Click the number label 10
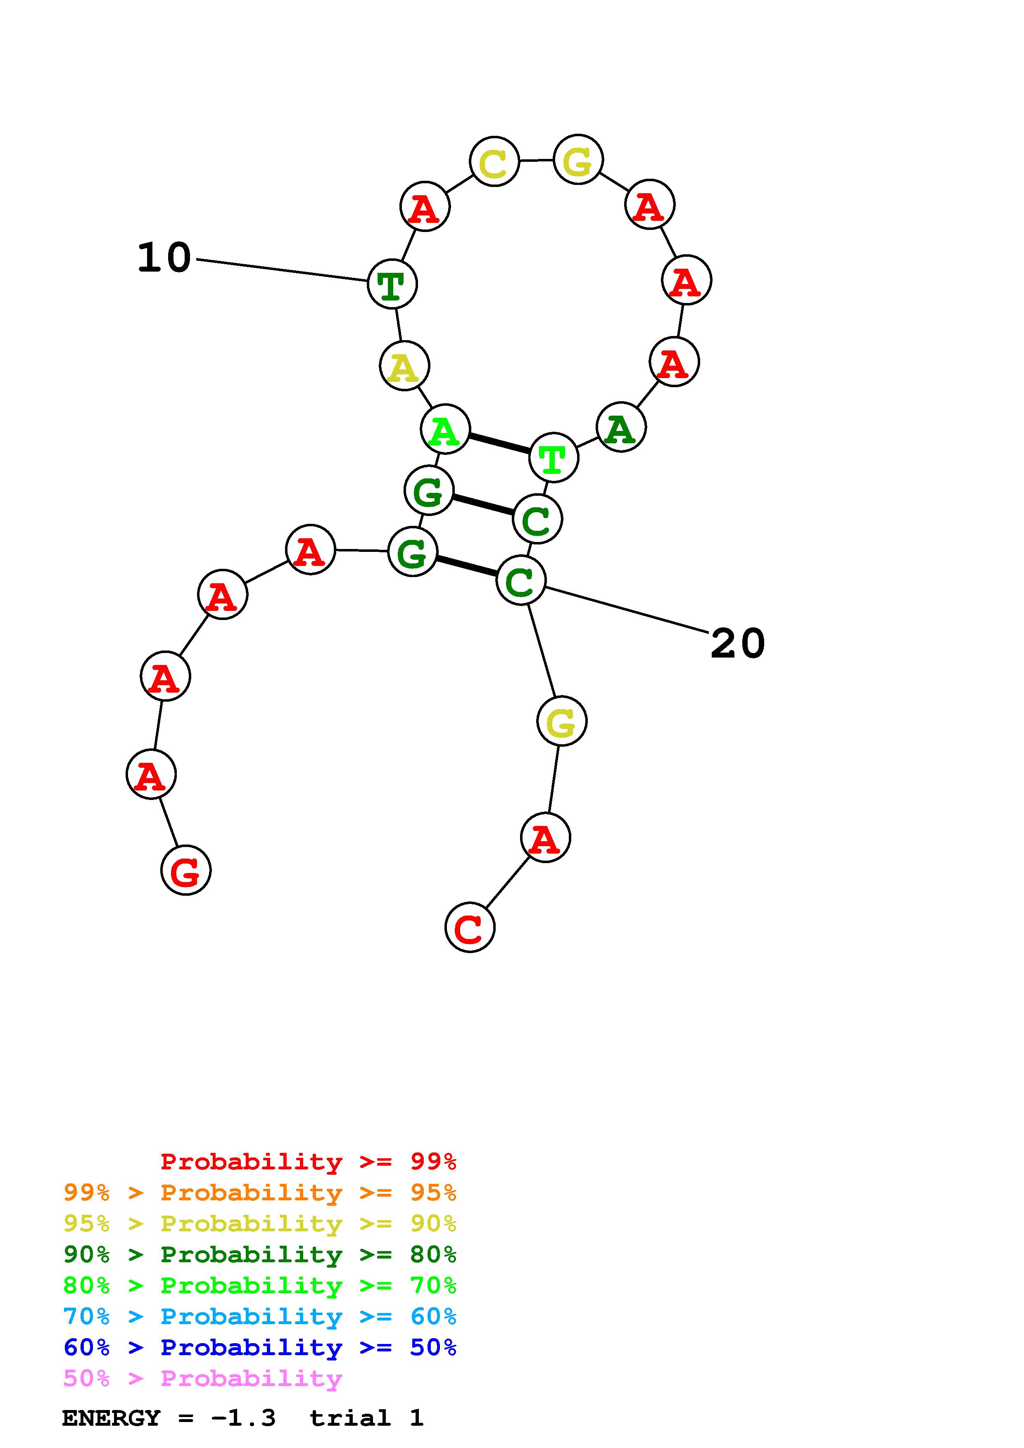click(x=164, y=258)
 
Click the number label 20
click(x=737, y=644)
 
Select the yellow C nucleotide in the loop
click(x=494, y=161)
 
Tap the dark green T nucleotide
click(x=392, y=284)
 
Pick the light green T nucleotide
click(x=554, y=458)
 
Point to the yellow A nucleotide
click(x=404, y=366)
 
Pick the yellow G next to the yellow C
click(x=578, y=160)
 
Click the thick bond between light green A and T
click(x=499, y=443)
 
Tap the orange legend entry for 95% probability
click(x=259, y=1192)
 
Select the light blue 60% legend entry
click(x=259, y=1316)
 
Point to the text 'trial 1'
click(x=366, y=1418)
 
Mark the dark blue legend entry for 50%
click(x=259, y=1347)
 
